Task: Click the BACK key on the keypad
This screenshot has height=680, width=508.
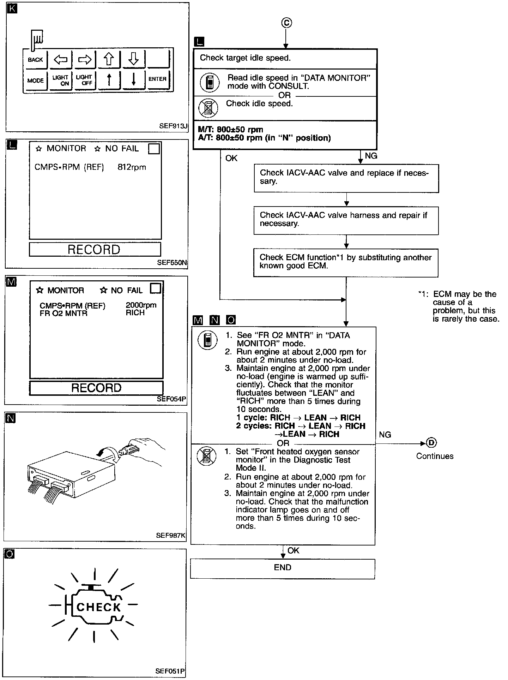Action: (x=35, y=60)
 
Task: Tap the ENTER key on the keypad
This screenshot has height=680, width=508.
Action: (x=157, y=79)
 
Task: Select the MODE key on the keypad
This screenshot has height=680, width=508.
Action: (x=35, y=80)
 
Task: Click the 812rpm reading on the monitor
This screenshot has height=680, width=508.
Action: (x=132, y=167)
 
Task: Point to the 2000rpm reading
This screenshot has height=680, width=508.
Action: (x=141, y=305)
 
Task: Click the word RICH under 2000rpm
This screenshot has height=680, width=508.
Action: (x=135, y=313)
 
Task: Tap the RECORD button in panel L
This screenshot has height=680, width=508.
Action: (x=95, y=250)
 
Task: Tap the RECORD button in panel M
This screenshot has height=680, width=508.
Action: (x=96, y=388)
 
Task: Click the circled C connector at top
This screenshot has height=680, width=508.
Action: (x=286, y=23)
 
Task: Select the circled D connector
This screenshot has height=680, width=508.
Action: (x=431, y=443)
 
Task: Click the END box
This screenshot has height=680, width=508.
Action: (x=283, y=567)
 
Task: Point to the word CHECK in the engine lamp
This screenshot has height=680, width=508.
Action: (x=98, y=607)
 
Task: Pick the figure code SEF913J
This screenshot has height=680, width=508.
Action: (x=174, y=126)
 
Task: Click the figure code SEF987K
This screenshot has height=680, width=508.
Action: (x=171, y=536)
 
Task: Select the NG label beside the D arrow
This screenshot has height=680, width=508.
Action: (x=385, y=435)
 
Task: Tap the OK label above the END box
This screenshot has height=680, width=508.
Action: (x=293, y=550)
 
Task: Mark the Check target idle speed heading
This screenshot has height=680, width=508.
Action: (x=245, y=58)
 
